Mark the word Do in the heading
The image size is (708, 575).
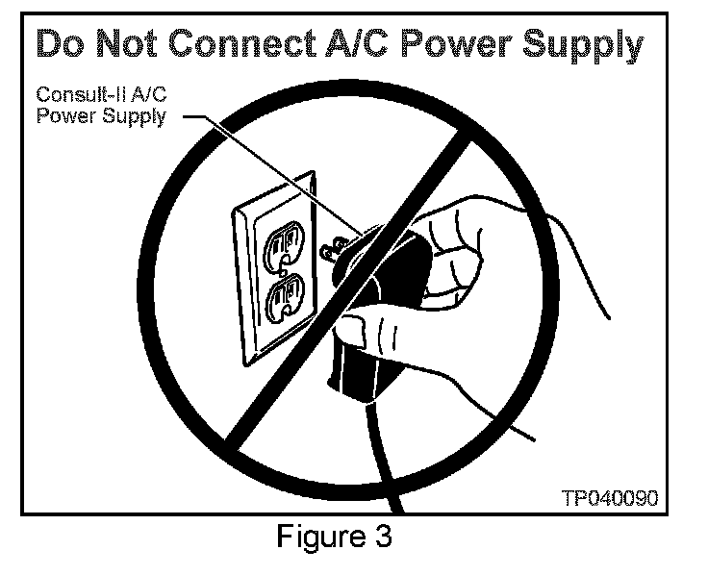pyautogui.click(x=60, y=45)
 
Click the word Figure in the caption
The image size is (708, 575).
pyautogui.click(x=310, y=536)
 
